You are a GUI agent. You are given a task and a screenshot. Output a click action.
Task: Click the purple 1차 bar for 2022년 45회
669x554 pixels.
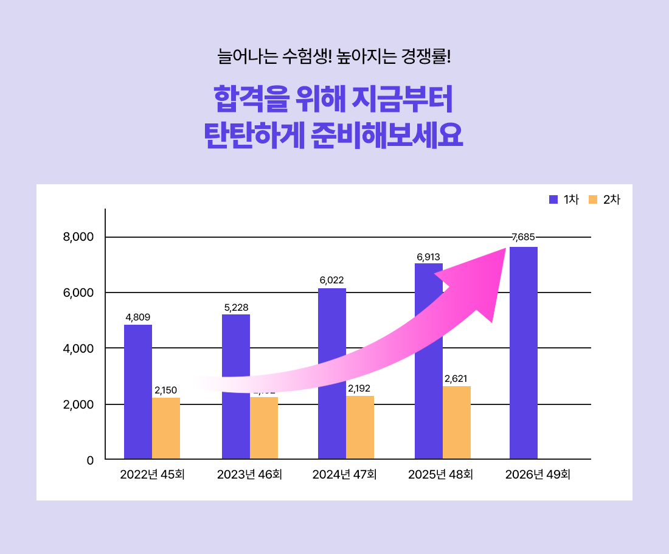pos(138,392)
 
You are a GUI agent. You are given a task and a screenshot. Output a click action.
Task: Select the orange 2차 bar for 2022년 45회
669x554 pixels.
pos(166,428)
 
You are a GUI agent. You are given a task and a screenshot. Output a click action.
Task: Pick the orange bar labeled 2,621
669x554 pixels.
pos(457,423)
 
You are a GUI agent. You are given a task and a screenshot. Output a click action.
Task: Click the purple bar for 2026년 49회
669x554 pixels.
pos(524,353)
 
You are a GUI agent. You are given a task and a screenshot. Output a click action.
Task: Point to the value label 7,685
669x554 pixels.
pos(523,237)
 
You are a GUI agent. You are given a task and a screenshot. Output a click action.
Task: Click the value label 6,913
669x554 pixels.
pos(428,257)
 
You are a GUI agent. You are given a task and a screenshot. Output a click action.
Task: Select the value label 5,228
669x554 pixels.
pos(236,308)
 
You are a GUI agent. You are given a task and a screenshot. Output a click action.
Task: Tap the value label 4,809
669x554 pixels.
pos(138,317)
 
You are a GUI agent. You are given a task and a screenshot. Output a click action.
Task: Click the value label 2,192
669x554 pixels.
pos(359,388)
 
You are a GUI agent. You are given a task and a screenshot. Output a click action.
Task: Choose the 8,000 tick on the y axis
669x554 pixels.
pos(78,237)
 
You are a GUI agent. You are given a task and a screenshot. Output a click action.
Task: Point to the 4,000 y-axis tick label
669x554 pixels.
pos(78,349)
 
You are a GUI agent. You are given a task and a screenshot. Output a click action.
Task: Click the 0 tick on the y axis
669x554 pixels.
pos(90,460)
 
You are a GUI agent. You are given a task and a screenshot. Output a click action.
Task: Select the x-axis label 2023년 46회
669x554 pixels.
pos(249,475)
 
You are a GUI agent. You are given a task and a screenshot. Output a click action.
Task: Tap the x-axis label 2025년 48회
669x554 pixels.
pos(441,475)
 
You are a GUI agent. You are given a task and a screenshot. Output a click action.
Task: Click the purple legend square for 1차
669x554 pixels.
pos(553,199)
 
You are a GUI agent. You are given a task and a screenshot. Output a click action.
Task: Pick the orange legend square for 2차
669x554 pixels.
pos(593,199)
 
